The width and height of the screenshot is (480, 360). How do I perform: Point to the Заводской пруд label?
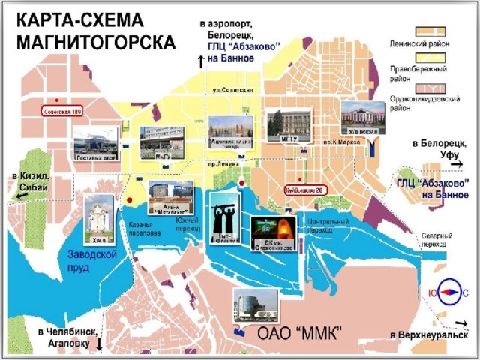pos(103,259)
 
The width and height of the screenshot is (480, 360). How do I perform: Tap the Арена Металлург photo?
pos(169,197)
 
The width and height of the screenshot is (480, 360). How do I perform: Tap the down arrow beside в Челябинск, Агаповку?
pos(99,343)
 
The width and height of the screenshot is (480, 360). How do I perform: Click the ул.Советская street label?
pos(232,91)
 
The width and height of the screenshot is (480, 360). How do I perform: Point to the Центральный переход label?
pos(328,226)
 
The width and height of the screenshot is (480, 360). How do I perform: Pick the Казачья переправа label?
pos(145,229)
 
